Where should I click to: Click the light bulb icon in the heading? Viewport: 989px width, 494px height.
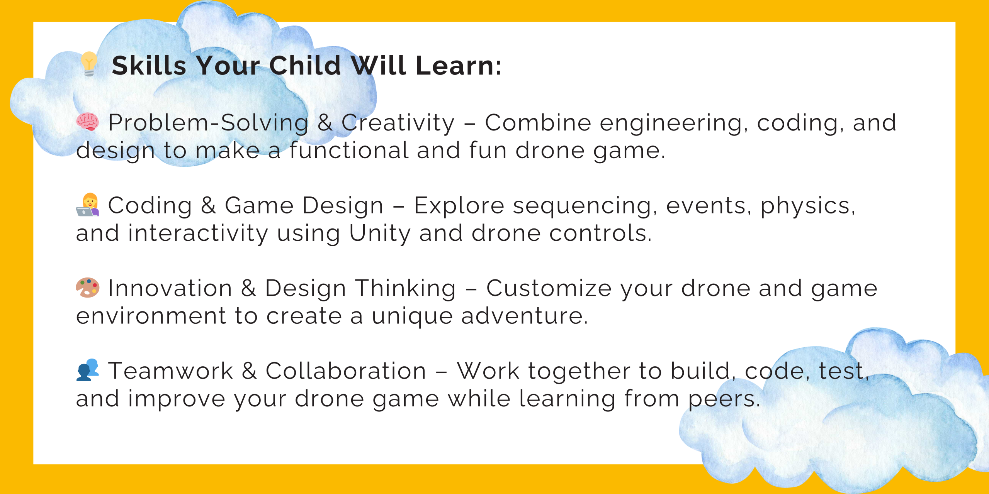(89, 64)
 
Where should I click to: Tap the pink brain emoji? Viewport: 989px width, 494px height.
(88, 122)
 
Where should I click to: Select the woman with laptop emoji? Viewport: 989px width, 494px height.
(88, 205)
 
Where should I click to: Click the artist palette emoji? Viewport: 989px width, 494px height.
(88, 288)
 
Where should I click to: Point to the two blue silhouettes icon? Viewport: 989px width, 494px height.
(88, 370)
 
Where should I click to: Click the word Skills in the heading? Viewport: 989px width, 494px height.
(149, 65)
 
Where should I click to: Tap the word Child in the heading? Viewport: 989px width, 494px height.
(305, 65)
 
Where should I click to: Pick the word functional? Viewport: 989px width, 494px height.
(349, 150)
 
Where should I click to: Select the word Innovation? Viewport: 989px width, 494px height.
(170, 288)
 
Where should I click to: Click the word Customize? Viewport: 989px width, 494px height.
(549, 288)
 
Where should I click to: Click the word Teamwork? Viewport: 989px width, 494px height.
(170, 371)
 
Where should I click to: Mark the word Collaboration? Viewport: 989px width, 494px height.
(346, 371)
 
